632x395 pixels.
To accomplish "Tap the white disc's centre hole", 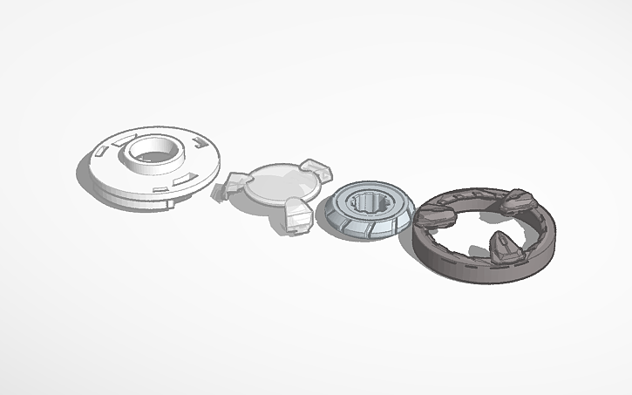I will [155, 149].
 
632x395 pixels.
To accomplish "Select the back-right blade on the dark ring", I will [518, 202].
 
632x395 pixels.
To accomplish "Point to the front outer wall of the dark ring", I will [471, 269].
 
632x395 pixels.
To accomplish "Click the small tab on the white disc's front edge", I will [166, 207].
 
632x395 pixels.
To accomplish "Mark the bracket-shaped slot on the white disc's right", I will [203, 140].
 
